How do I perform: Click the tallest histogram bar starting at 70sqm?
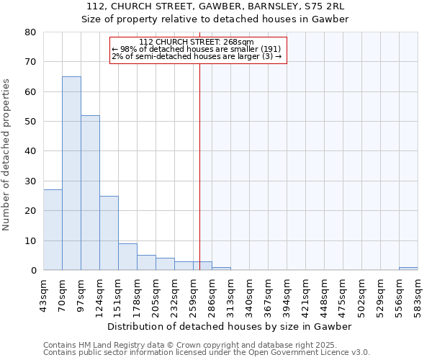point(71,173)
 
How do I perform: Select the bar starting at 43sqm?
point(53,230)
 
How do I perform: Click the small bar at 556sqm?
point(408,269)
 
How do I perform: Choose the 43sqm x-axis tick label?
point(44,297)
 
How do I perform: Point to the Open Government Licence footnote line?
point(207,353)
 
